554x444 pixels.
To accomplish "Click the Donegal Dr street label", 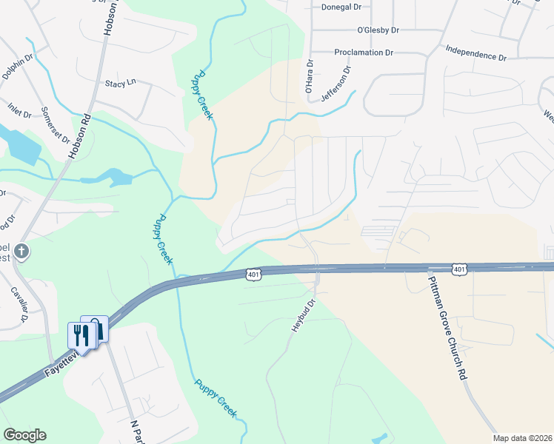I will [341, 7].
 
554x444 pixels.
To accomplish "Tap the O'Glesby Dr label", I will [378, 30].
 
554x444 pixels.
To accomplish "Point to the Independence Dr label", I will [475, 53].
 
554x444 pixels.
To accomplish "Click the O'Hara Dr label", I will [310, 78].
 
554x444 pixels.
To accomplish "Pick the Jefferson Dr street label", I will [335, 84].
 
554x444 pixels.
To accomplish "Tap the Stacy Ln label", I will [121, 84].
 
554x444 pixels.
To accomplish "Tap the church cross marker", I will [22, 251].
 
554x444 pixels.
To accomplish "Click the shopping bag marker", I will [96, 328].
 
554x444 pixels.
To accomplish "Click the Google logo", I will [24, 435].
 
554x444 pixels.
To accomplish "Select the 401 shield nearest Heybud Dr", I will [253, 275].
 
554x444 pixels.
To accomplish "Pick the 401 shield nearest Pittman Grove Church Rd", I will [459, 269].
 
